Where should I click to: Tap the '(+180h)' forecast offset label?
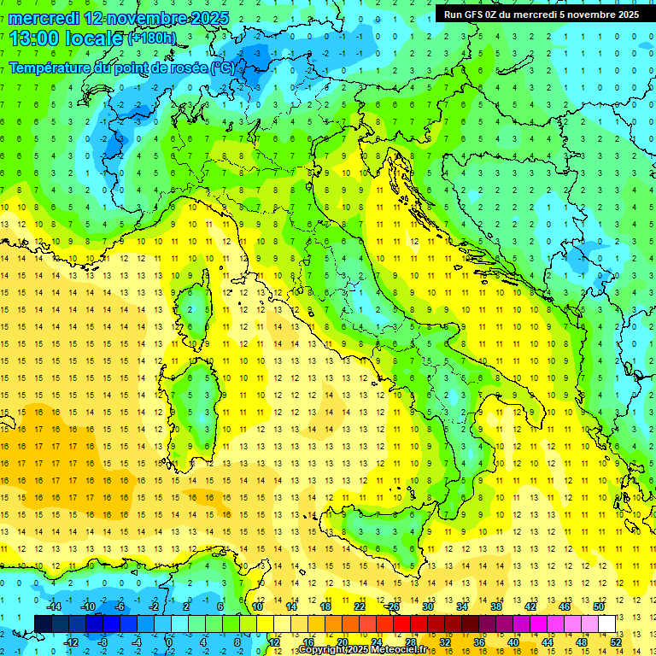[152, 38]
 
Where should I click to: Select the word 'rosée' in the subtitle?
[186, 68]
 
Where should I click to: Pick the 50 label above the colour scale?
[599, 606]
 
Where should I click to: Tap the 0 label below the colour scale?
[168, 642]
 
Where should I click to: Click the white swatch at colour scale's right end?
[607, 624]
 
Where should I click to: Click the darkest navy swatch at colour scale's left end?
[44, 624]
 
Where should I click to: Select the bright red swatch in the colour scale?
[402, 624]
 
